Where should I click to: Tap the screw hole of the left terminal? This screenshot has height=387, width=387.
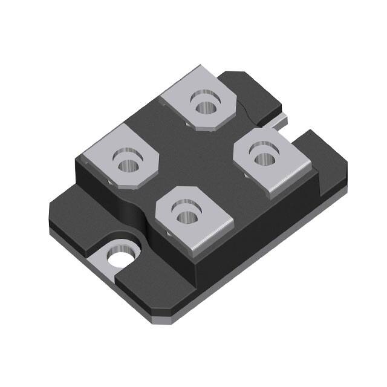(x=127, y=164)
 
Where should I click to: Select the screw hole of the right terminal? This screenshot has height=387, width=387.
(x=262, y=158)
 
